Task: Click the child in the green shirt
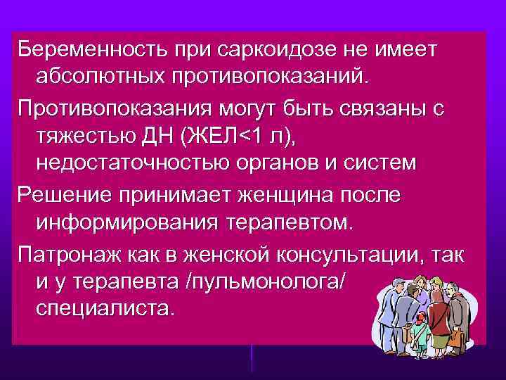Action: tap(420, 329)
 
